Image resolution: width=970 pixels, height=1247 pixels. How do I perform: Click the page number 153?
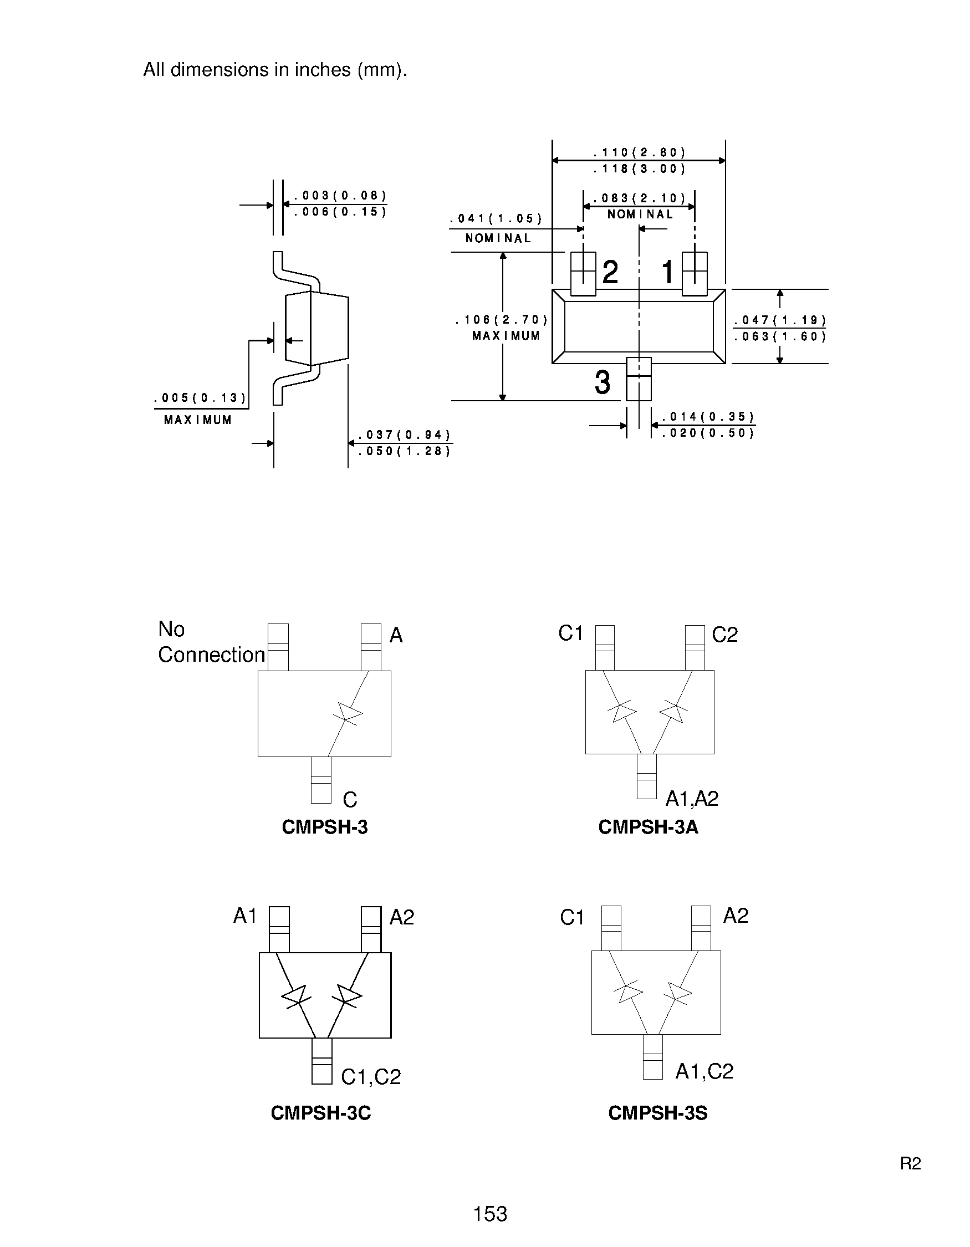click(x=490, y=1213)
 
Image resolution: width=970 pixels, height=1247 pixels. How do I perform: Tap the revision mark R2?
click(x=910, y=1163)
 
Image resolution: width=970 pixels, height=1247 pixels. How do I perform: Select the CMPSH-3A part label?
click(x=648, y=827)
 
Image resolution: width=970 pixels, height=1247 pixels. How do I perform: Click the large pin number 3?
click(x=603, y=382)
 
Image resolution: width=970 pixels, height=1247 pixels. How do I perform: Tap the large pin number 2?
click(x=610, y=272)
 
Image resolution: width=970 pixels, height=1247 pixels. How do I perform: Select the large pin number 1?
click(x=667, y=272)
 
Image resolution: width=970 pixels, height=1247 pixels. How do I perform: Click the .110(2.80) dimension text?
click(x=639, y=152)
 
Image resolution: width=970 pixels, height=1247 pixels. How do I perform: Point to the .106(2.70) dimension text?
click(x=501, y=320)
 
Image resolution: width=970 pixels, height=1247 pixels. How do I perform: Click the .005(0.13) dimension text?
click(x=200, y=398)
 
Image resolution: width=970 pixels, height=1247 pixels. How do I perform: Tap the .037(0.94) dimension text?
click(x=404, y=435)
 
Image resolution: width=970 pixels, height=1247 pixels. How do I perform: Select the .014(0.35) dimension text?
click(x=708, y=417)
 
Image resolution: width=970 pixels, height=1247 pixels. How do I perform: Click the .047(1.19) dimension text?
click(x=780, y=320)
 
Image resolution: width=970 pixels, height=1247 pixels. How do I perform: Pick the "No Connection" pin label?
click(x=211, y=642)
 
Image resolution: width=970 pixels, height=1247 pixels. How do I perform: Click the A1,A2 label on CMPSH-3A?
click(x=691, y=798)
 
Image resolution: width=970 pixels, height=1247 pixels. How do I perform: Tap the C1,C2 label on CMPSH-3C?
click(x=370, y=1077)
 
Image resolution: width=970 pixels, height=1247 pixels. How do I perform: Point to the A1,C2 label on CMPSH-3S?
click(x=704, y=1071)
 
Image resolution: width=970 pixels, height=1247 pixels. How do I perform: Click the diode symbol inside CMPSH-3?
click(x=349, y=714)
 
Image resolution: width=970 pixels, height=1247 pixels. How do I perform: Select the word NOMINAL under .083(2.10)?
click(x=640, y=214)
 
